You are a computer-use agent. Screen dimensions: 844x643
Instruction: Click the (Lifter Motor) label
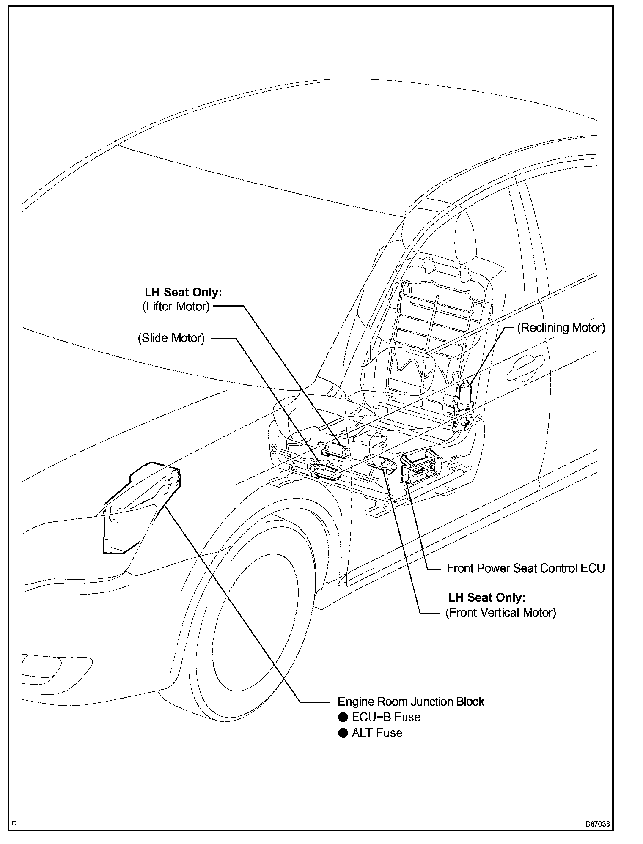[x=176, y=307]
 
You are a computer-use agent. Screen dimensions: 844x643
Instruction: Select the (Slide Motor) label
[x=171, y=338]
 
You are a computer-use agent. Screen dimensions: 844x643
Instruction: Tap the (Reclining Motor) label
[x=561, y=328]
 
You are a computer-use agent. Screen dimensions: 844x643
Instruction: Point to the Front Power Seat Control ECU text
[x=526, y=568]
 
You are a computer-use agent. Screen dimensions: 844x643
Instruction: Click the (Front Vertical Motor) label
[x=500, y=612]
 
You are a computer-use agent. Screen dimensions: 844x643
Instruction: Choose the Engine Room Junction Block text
[x=411, y=702]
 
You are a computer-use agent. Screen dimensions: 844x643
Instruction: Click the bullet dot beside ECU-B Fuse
[x=343, y=717]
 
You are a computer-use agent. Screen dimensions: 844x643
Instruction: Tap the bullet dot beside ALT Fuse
[x=343, y=733]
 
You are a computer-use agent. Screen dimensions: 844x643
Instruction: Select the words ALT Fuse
[x=377, y=733]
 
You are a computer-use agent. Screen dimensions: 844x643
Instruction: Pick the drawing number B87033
[x=597, y=825]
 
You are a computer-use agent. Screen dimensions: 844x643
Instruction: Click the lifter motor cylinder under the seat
[x=335, y=449]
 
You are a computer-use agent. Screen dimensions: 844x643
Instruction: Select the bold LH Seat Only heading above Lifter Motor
[x=183, y=292]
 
